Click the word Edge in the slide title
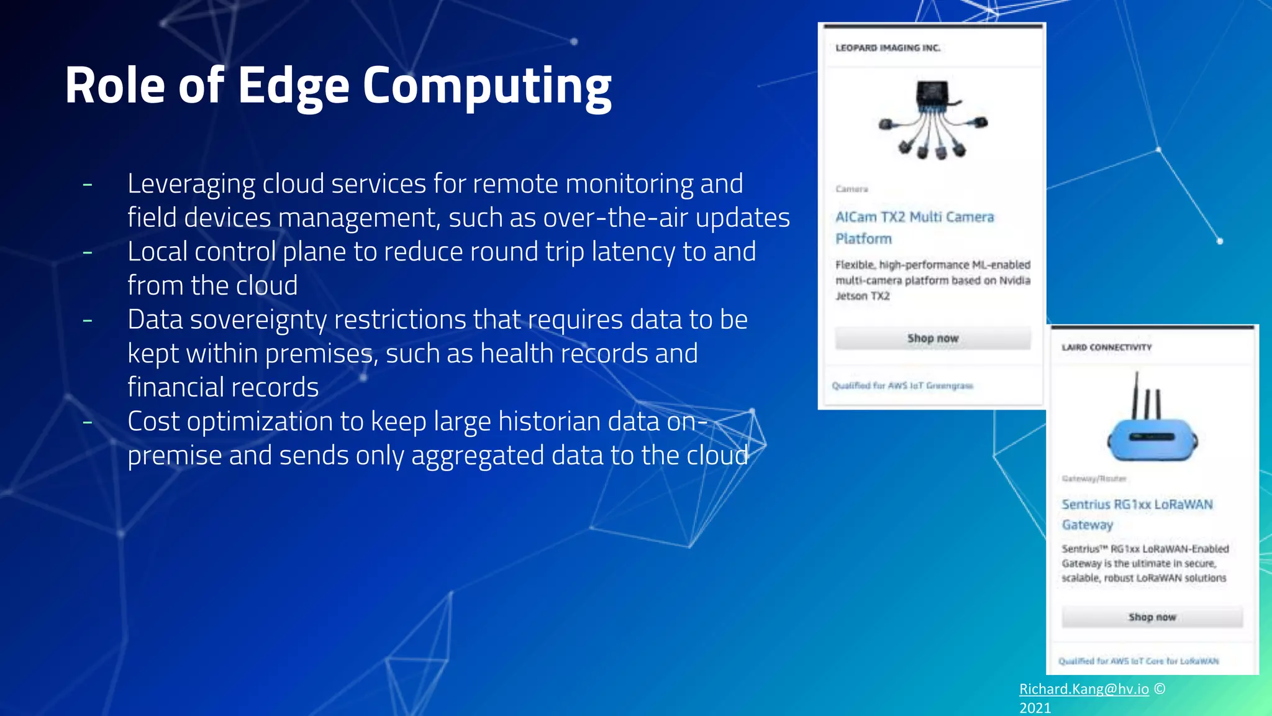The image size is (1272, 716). (x=293, y=86)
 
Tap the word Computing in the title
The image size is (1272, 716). (x=487, y=86)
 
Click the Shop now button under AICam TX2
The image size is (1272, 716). (x=932, y=338)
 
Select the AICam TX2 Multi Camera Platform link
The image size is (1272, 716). (x=914, y=227)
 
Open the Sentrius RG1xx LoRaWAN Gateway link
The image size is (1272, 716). (x=1137, y=513)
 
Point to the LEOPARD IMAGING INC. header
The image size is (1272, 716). (x=888, y=48)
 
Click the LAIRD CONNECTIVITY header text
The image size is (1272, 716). (x=1106, y=347)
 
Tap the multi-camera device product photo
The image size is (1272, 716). (x=933, y=121)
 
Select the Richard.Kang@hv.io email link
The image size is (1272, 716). (x=1084, y=689)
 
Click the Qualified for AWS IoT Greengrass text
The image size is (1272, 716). (x=902, y=386)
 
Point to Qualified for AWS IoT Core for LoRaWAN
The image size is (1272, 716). (x=1138, y=661)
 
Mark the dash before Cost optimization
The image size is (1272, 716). (x=88, y=422)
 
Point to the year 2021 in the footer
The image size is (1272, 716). (x=1035, y=707)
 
